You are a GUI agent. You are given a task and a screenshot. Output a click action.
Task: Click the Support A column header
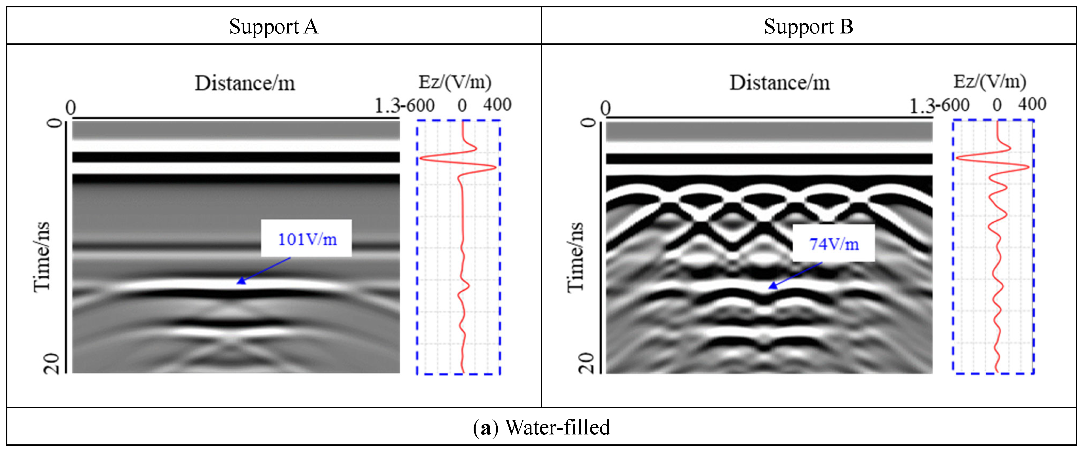(x=274, y=27)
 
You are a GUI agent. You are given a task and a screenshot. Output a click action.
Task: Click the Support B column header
(x=808, y=27)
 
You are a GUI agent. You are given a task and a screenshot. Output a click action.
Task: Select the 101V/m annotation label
(x=307, y=239)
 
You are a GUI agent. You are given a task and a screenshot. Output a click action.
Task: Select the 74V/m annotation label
(x=834, y=244)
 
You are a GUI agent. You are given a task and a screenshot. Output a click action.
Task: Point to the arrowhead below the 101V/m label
(x=239, y=282)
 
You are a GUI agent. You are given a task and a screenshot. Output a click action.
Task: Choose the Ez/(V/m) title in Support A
(x=455, y=81)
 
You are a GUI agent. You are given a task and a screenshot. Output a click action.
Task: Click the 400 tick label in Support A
(x=497, y=105)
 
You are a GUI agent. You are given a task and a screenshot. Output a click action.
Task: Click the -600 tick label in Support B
(x=955, y=105)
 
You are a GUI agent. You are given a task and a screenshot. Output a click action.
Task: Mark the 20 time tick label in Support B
(x=587, y=363)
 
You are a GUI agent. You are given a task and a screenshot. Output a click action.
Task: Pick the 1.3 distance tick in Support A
(x=387, y=106)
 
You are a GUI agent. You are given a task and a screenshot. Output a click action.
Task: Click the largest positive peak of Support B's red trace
(x=1028, y=167)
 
